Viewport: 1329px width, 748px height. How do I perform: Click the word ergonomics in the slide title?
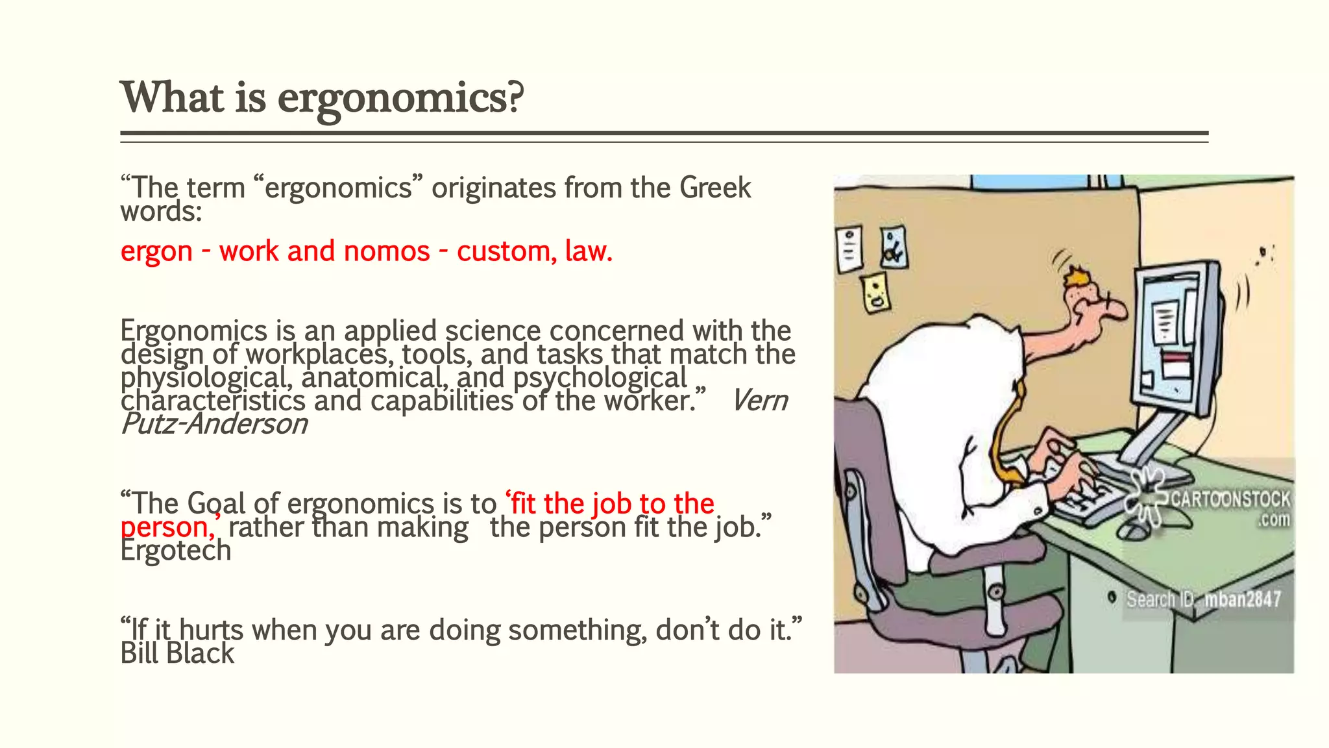(400, 99)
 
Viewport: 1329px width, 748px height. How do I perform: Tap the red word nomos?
(386, 251)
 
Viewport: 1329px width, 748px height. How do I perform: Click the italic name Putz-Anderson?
(214, 424)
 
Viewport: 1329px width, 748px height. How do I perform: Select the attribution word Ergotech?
(176, 551)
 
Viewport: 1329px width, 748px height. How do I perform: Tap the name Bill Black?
(177, 653)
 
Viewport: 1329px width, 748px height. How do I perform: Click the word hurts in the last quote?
(211, 630)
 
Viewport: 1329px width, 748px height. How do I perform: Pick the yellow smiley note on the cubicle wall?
(875, 292)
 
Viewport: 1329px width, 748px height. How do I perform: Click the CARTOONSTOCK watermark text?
(1230, 499)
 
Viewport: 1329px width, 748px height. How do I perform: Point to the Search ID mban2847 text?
(1203, 599)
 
